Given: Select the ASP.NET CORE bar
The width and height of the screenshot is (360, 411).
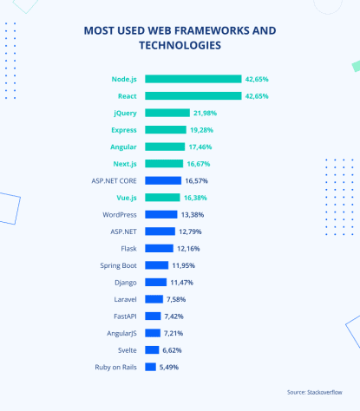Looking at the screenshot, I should click(x=163, y=180).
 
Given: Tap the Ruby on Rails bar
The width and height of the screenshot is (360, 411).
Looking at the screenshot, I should click(x=151, y=367).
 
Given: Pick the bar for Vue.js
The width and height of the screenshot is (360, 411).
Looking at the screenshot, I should click(x=163, y=198).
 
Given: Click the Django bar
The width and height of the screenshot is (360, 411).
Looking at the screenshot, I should click(x=156, y=283).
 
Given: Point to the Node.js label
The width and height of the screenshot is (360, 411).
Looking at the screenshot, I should click(x=121, y=79).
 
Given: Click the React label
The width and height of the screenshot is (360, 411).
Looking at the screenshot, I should click(x=127, y=95).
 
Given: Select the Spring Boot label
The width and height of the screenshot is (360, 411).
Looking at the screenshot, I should click(x=118, y=265).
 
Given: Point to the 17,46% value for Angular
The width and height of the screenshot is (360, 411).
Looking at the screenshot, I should click(x=200, y=147).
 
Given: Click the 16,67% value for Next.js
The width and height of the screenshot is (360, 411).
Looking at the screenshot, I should click(x=198, y=164).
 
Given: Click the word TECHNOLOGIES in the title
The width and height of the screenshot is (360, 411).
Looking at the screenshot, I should click(x=180, y=45).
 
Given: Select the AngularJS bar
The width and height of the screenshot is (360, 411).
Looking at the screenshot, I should click(x=153, y=333).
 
